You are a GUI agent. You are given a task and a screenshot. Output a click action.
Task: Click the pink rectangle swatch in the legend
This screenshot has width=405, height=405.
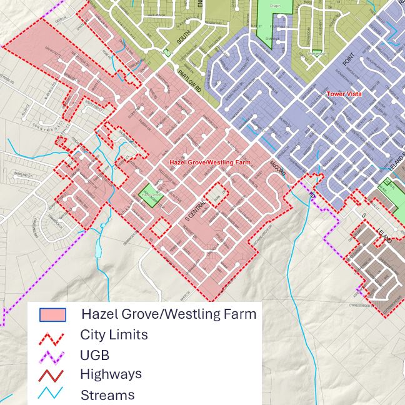[x=52, y=314]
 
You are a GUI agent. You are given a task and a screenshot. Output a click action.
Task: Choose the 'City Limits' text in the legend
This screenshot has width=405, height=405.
[x=114, y=334]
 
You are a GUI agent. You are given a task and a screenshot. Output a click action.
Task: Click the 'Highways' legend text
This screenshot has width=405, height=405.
[x=111, y=374]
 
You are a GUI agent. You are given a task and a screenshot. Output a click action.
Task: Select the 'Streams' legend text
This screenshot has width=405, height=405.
[x=107, y=395]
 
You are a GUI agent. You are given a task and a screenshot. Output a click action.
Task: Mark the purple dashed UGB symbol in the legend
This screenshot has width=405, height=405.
[x=52, y=356]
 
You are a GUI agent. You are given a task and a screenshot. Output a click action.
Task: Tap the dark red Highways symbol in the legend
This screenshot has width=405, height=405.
[x=52, y=376]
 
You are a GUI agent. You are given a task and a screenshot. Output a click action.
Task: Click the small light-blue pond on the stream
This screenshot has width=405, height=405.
[x=97, y=249]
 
